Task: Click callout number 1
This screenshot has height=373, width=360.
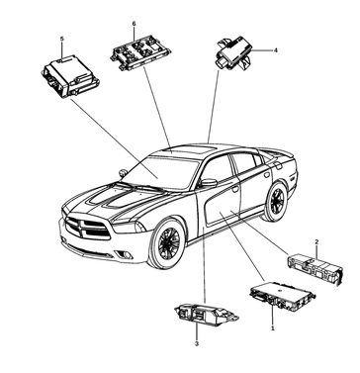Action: pyautogui.click(x=273, y=328)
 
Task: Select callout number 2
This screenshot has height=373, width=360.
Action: pyautogui.click(x=316, y=242)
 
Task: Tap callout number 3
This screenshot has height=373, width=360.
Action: pyautogui.click(x=197, y=343)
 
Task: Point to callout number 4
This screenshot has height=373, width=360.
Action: pyautogui.click(x=276, y=50)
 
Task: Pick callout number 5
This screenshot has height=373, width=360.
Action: pyautogui.click(x=62, y=39)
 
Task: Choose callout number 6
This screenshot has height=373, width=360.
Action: pyautogui.click(x=134, y=24)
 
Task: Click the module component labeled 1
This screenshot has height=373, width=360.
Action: pyautogui.click(x=282, y=296)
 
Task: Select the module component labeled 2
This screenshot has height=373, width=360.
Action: pyautogui.click(x=315, y=269)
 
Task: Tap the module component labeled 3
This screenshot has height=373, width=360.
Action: pyautogui.click(x=206, y=315)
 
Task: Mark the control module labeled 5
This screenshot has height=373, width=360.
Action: pyautogui.click(x=71, y=75)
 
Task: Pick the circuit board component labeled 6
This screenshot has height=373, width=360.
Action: pyautogui.click(x=140, y=53)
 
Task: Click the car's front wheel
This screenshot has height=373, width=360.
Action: pyautogui.click(x=167, y=243)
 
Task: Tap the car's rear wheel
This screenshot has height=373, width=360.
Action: pyautogui.click(x=275, y=202)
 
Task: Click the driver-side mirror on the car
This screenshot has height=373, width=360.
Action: pyautogui.click(x=209, y=183)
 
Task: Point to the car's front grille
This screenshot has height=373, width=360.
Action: pyautogui.click(x=88, y=229)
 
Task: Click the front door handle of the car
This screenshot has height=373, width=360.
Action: pyautogui.click(x=235, y=189)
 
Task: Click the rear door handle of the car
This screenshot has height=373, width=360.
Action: pyautogui.click(x=267, y=174)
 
